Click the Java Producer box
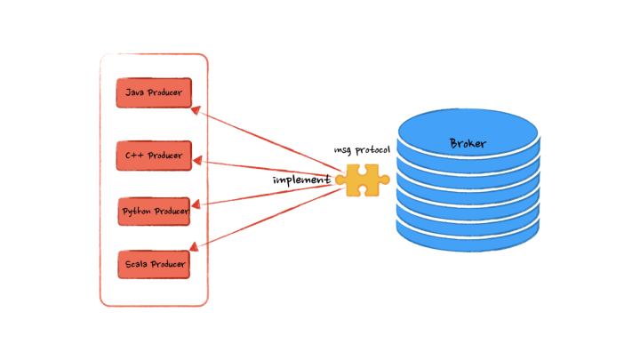click(154, 92)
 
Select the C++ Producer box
click(154, 156)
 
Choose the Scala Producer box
click(154, 264)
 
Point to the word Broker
click(468, 143)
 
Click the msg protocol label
click(362, 150)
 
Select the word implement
click(301, 180)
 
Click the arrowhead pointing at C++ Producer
click(198, 161)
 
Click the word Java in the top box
click(134, 92)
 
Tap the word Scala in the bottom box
click(135, 264)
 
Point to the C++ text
click(134, 156)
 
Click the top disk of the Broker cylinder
click(468, 133)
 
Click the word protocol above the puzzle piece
click(372, 150)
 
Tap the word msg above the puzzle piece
click(342, 151)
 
